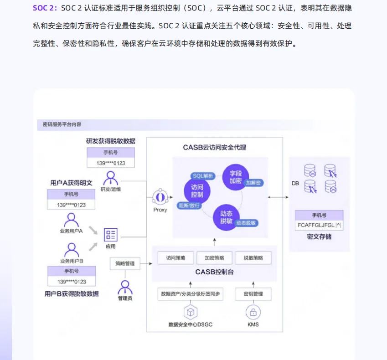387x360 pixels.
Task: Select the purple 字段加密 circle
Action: [x=236, y=177]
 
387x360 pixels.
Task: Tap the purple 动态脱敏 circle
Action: [x=227, y=217]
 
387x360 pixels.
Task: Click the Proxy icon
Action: [x=160, y=197]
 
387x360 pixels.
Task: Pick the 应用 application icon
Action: [x=110, y=235]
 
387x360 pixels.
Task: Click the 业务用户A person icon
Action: [x=71, y=220]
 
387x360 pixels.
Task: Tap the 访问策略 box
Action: [x=175, y=257]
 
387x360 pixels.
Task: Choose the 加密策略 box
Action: [x=214, y=257]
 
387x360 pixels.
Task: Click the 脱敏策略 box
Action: [x=253, y=257]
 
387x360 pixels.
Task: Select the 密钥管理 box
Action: [x=253, y=294]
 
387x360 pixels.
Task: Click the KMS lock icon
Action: [x=253, y=312]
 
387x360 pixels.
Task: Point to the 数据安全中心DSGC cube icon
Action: [x=190, y=312]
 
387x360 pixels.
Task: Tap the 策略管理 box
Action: [x=125, y=263]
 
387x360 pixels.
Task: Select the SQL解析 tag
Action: [x=202, y=175]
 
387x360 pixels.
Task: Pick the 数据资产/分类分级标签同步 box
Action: [x=190, y=294]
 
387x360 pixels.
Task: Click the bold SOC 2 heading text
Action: [x=44, y=8]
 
